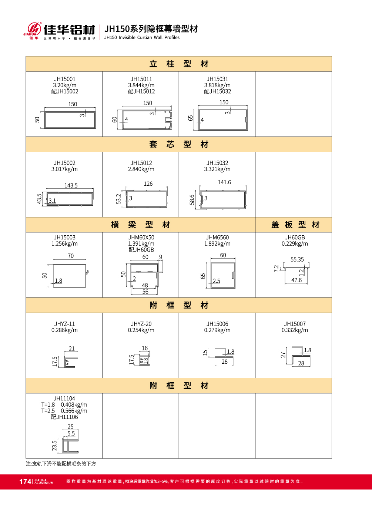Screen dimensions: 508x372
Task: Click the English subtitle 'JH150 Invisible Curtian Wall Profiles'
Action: pos(142,37)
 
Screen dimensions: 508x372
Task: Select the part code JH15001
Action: pos(65,79)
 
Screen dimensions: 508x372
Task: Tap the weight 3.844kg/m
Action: pos(141,85)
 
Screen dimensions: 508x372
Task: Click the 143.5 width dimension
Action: pos(71,185)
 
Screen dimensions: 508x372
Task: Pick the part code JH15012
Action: pos(141,163)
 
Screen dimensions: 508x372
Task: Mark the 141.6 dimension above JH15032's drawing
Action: pos(224,182)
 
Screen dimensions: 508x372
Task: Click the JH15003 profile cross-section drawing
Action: pos(70,276)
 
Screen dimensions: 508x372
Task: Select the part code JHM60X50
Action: pos(141,238)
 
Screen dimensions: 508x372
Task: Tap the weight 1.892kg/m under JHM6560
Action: pos(217,244)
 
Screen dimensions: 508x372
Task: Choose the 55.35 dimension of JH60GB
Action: pos(297,259)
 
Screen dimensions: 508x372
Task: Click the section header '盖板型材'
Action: pos(295,225)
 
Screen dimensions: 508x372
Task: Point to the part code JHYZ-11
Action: pos(65,324)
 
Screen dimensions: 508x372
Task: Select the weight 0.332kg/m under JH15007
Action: pos(295,330)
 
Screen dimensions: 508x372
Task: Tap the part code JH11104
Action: pos(64,398)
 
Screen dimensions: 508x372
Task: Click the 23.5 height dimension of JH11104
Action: pos(54,445)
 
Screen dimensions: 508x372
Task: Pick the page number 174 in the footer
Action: pos(25,481)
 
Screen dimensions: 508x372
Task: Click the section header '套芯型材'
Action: pos(179,144)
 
